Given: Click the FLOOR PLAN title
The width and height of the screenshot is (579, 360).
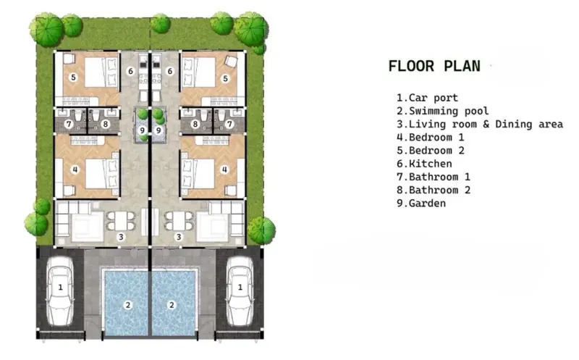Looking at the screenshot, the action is point(434,66).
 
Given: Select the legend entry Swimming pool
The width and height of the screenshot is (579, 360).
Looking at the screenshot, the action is point(443,111).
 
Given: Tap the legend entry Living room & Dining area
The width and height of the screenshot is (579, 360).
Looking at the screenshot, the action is point(480,124).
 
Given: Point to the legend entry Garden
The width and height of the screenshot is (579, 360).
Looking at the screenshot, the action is point(421,203).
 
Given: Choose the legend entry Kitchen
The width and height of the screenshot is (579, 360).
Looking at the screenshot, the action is point(424,164).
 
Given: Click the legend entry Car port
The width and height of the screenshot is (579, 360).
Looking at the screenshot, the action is point(427,98).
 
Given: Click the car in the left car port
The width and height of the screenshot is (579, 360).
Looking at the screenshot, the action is point(60,292).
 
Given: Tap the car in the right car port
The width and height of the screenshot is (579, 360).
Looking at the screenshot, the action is point(240,292).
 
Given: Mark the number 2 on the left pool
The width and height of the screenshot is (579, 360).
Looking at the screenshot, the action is point(128,305).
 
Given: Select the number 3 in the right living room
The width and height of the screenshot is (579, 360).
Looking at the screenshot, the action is point(179,237).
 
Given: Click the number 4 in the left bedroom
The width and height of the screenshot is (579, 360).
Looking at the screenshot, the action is point(75,169).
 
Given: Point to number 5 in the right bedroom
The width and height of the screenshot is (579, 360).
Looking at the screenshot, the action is point(225,78).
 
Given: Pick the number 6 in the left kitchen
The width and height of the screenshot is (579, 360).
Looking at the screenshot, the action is point(130,71).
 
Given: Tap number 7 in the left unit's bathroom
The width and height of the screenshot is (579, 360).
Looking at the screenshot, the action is point(68,124).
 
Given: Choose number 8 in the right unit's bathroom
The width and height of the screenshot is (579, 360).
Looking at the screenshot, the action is point(195,124).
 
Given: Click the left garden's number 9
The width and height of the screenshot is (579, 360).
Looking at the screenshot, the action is point(143,130).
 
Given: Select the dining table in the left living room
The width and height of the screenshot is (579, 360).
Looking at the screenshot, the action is point(121,220).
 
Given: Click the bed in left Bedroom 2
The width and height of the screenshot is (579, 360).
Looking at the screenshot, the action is point(101,72).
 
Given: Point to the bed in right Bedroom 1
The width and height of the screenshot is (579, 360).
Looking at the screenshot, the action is point(198,173).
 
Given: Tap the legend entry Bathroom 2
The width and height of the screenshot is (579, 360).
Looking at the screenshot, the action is point(434,190).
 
